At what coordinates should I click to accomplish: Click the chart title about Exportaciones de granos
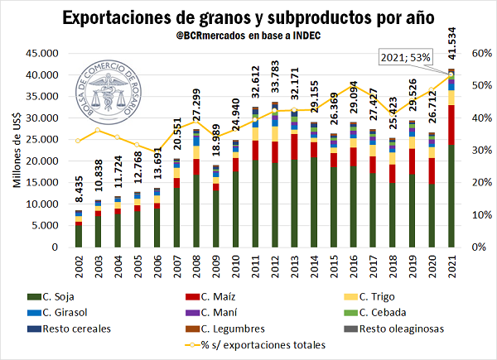pos(248,16)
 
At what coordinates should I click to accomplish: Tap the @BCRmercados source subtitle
pos(248,37)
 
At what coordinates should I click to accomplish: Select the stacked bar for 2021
pos(451,158)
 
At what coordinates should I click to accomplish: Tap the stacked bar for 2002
pos(79,231)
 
